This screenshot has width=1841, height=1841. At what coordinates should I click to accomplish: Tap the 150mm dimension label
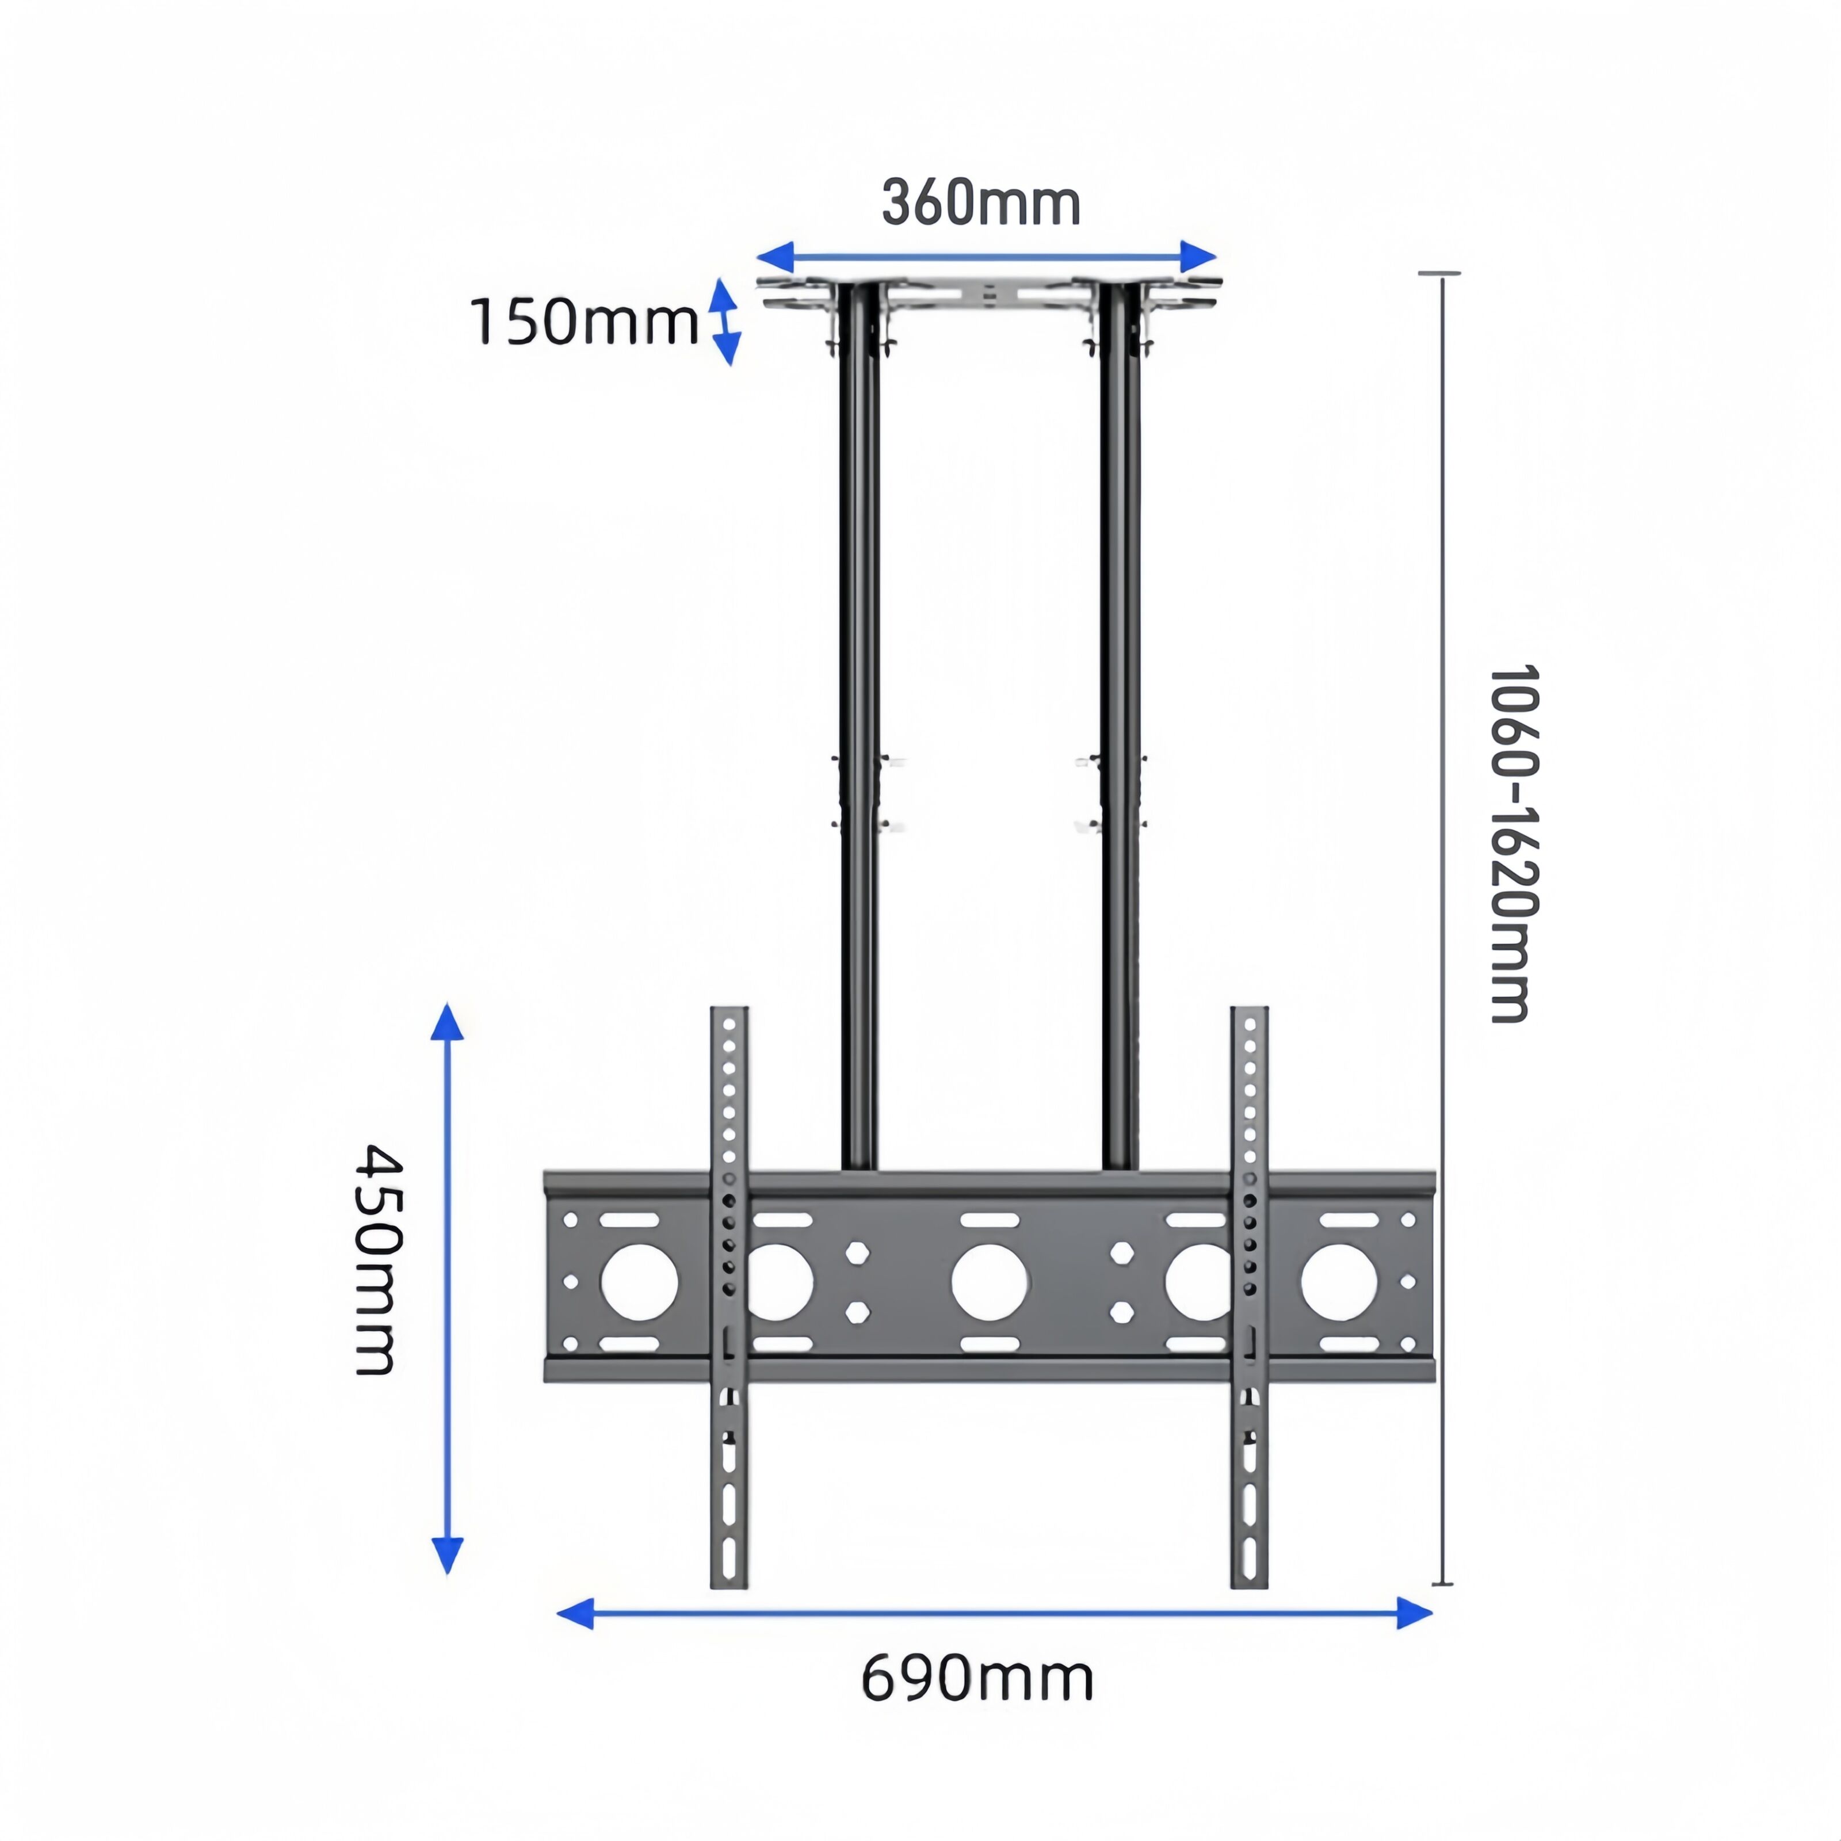point(584,322)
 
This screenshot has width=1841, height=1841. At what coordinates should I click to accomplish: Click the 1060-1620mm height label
point(1512,844)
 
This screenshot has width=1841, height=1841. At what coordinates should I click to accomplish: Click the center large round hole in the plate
point(989,1282)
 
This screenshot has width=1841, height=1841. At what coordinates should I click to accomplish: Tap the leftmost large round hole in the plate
point(639,1282)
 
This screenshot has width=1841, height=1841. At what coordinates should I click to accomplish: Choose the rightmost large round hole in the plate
point(1339,1282)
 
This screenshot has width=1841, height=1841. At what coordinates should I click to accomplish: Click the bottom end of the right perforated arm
point(1248,1581)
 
